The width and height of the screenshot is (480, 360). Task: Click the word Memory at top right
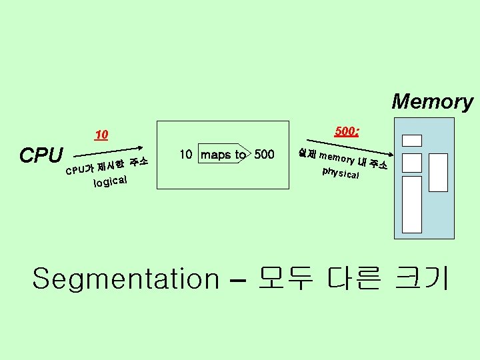(x=432, y=102)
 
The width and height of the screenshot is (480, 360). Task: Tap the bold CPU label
(x=41, y=155)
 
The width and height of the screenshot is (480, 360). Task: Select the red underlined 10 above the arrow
(x=101, y=135)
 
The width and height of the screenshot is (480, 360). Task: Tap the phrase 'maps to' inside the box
(x=223, y=155)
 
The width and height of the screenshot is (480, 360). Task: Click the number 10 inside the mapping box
(x=187, y=155)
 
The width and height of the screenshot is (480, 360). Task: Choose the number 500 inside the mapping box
(x=264, y=155)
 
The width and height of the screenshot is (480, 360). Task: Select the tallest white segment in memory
(x=413, y=204)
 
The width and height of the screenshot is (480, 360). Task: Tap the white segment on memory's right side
(x=438, y=172)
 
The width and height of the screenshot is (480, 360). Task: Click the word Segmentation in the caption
(x=125, y=278)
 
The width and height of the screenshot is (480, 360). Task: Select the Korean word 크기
(x=421, y=278)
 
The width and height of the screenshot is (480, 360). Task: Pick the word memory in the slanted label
(x=337, y=159)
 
